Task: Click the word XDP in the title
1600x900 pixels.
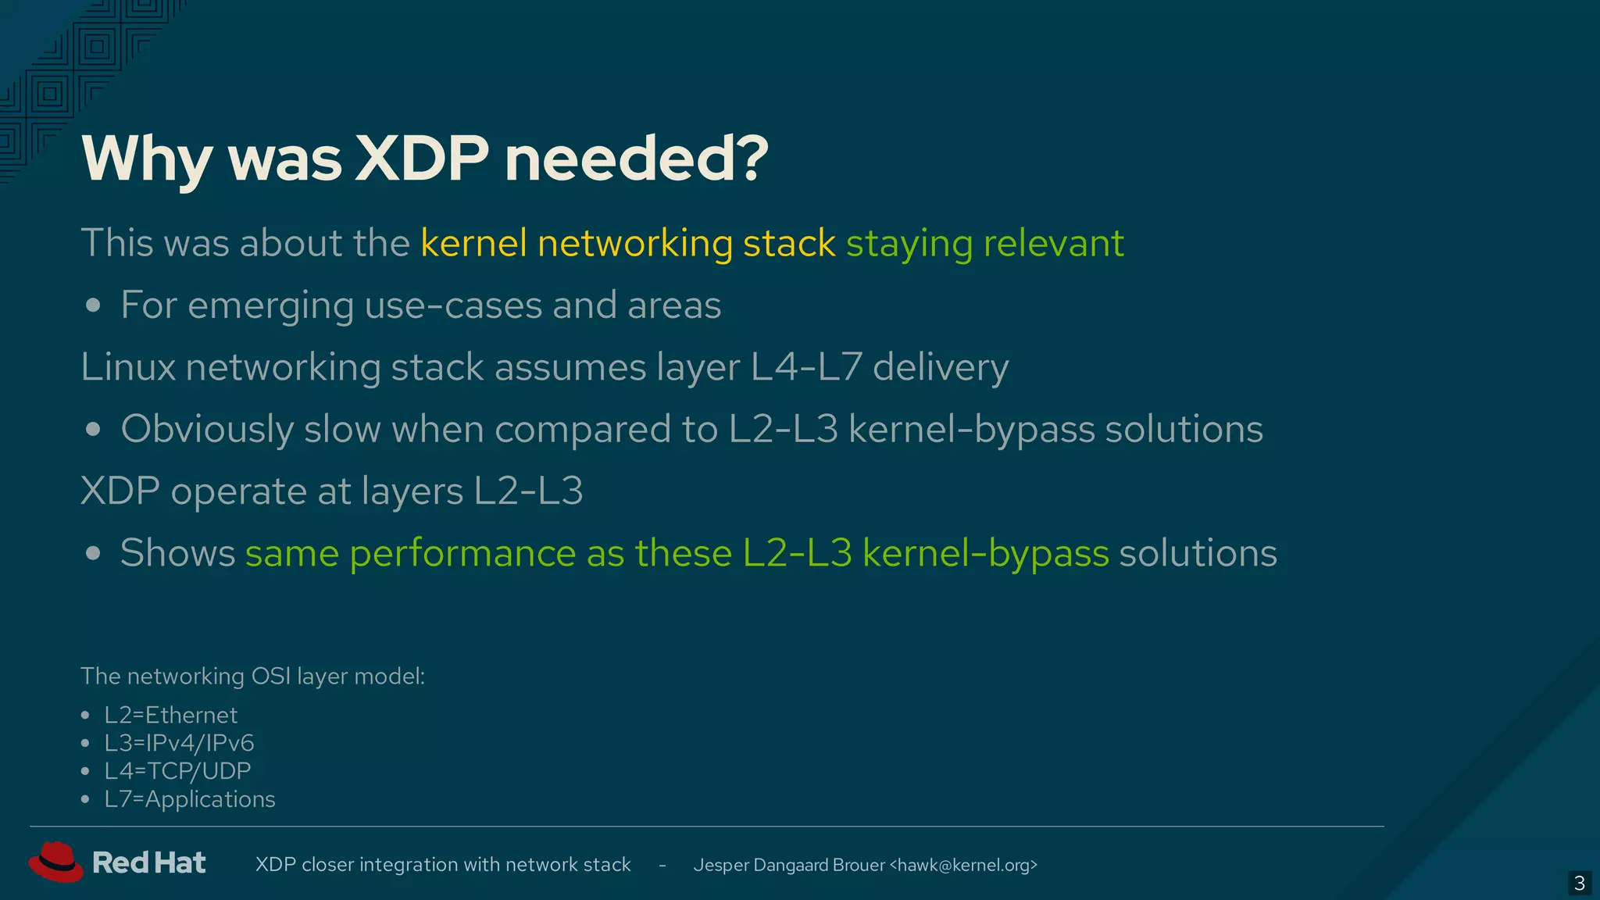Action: point(422,159)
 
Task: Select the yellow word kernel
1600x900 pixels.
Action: point(473,243)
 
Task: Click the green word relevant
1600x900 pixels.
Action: point(1053,243)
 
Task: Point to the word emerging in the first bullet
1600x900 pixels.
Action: point(270,305)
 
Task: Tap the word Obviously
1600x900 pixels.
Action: point(207,429)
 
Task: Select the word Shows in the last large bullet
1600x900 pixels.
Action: point(177,553)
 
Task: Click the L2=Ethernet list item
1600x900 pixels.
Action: point(170,715)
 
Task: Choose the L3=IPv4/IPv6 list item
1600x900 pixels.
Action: point(179,743)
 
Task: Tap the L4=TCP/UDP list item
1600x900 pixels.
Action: point(177,771)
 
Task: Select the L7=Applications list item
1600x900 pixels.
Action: point(189,799)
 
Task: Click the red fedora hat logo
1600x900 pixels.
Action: point(55,862)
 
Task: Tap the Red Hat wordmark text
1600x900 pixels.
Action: point(148,862)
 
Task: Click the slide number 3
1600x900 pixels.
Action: point(1579,883)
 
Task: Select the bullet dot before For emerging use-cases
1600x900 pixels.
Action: point(93,305)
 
